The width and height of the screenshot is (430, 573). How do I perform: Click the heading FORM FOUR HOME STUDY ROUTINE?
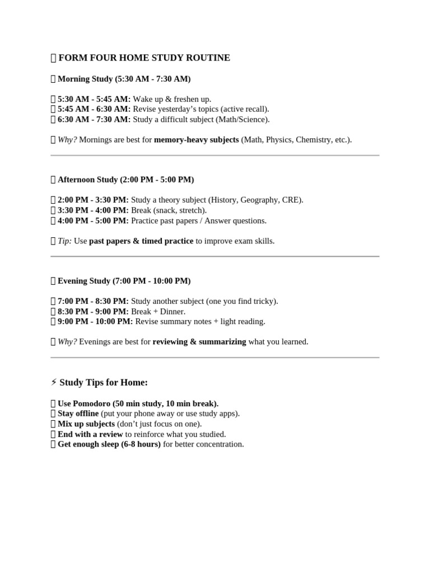coord(144,58)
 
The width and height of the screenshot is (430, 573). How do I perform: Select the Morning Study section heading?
coord(124,79)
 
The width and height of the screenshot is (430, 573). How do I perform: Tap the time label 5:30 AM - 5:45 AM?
coord(94,99)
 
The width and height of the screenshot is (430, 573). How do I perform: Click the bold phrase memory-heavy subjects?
coord(196,139)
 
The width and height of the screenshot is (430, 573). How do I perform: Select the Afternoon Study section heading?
coord(125,180)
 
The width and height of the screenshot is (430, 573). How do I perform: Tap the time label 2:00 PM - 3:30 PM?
coord(93,200)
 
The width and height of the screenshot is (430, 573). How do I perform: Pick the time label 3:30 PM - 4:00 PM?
coord(93,210)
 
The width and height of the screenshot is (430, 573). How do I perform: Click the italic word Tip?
coord(64,241)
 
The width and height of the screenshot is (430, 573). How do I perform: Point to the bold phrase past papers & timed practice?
coord(141,241)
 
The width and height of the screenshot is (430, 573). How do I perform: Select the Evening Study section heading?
coord(124,281)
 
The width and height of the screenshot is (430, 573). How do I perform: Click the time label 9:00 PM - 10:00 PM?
coord(95,321)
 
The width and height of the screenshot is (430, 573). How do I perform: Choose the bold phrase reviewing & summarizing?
coord(199,341)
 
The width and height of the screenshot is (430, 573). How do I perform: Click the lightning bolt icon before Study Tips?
coord(54,382)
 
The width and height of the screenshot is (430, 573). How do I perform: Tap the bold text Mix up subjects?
coord(86,424)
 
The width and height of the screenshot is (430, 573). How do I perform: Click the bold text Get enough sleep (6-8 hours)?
coord(109,444)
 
